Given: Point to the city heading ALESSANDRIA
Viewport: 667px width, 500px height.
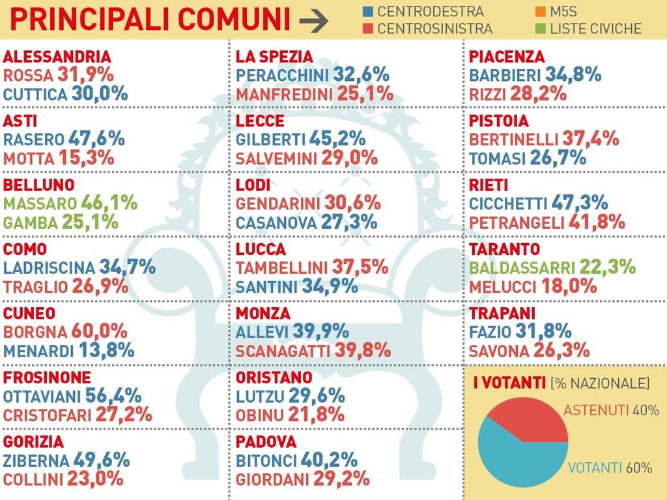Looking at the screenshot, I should click(57, 57).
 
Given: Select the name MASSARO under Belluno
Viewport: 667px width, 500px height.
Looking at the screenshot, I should click(40, 203).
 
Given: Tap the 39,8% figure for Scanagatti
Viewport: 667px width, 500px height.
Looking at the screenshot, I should click(363, 350).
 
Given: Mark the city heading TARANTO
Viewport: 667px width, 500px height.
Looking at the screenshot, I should click(504, 249).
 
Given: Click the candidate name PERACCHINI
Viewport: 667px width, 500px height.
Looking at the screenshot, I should click(282, 75).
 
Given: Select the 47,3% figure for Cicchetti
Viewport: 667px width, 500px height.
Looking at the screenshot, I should click(579, 203).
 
